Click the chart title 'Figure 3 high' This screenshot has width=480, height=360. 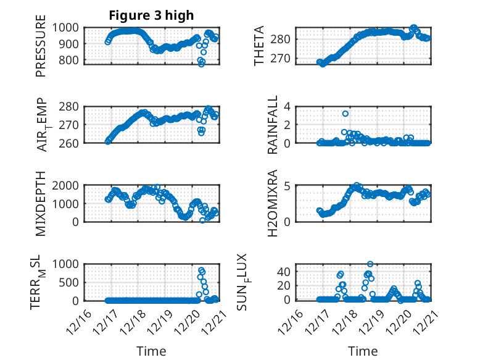pos(151,15)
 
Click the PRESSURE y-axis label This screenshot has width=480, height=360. pos(41,50)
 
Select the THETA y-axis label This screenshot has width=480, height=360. pos(260,46)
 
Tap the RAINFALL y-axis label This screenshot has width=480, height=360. pos(272,125)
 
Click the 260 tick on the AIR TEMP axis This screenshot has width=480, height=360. pos(70,143)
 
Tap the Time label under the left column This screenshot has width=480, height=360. pos(151,351)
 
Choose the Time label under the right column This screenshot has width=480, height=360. pos(363,351)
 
